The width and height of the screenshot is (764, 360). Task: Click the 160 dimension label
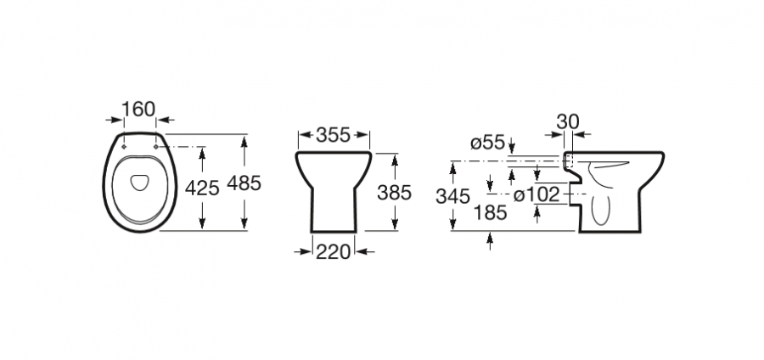[x=138, y=110]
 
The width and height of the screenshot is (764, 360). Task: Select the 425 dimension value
[x=202, y=188]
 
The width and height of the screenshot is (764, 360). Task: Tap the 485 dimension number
[x=244, y=183]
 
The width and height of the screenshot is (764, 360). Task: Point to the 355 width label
[x=334, y=135]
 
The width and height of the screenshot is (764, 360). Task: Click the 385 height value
[x=395, y=193]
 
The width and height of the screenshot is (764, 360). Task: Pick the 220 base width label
[x=334, y=252]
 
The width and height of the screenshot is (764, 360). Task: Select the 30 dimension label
[x=568, y=121]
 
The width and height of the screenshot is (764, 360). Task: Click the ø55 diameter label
[x=487, y=143]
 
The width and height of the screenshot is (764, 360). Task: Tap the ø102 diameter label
[x=537, y=194]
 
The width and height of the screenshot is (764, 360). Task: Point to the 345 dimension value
[x=453, y=197]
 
